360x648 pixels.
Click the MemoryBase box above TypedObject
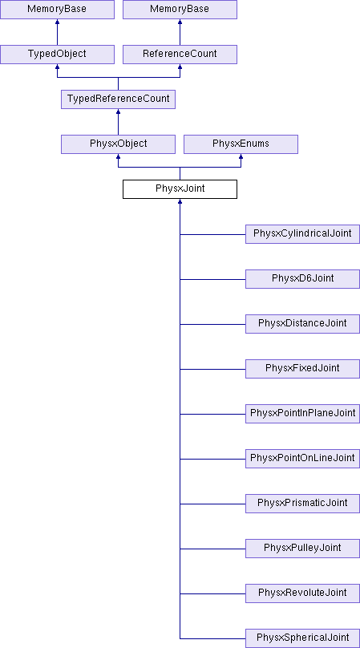57,10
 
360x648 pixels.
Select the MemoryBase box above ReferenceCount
180,10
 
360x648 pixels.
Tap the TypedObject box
57,55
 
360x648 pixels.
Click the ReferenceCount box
180,55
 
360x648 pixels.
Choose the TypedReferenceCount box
118,99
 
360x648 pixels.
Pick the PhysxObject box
118,144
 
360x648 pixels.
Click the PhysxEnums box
241,144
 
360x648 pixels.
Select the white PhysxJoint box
180,189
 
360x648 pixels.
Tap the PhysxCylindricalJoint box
302,234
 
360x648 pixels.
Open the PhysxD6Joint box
302,279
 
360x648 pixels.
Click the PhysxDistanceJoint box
302,324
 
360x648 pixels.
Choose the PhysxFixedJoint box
302,369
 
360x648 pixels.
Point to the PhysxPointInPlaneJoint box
302,414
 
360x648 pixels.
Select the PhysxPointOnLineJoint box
302,459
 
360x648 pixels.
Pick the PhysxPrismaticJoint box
302,504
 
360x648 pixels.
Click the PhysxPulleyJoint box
302,549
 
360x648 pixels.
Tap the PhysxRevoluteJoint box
302,593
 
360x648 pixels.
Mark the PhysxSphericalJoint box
302,638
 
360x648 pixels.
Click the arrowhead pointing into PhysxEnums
241,156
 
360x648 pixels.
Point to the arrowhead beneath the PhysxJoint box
180,201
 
